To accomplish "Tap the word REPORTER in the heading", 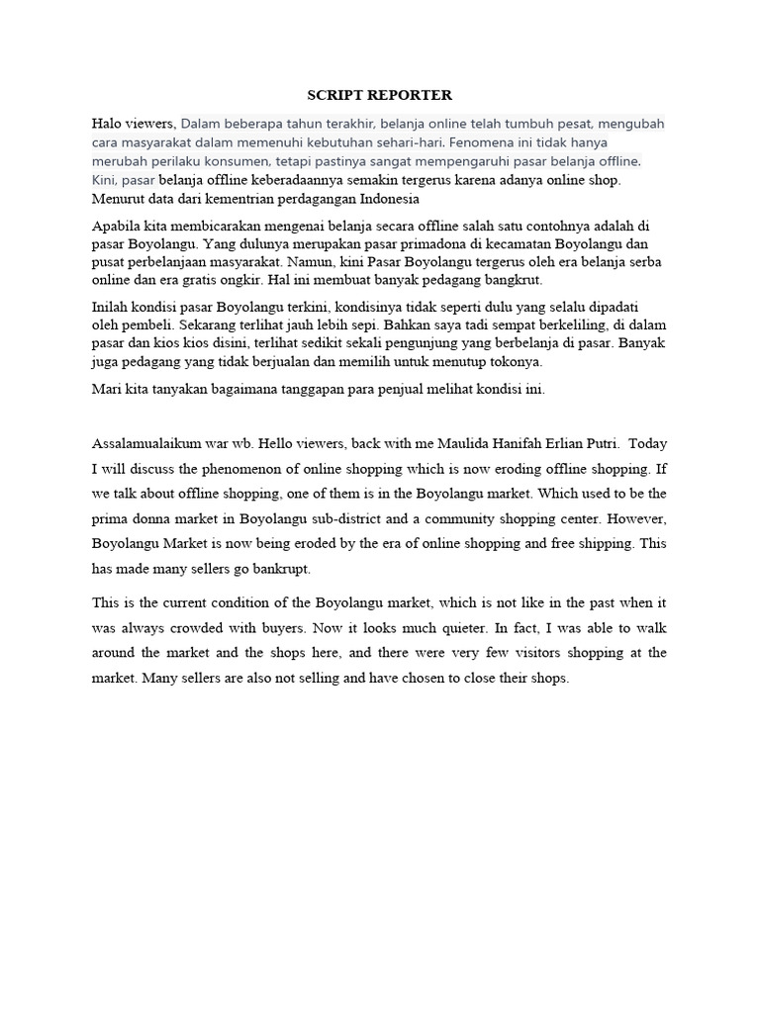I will pos(412,95).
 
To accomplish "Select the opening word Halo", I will pos(107,124).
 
